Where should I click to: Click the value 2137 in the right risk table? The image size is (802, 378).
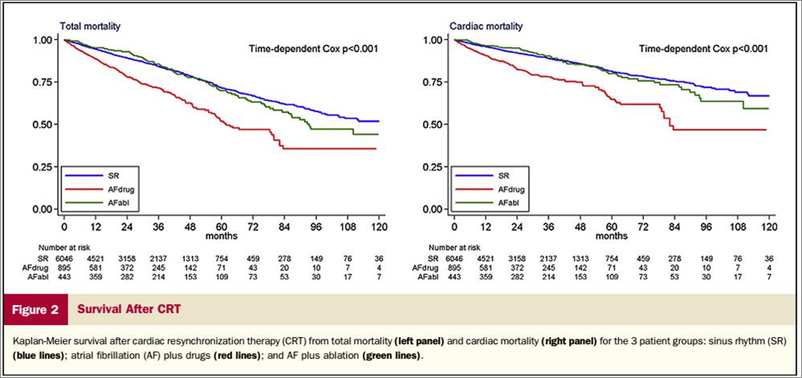pyautogui.click(x=546, y=258)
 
